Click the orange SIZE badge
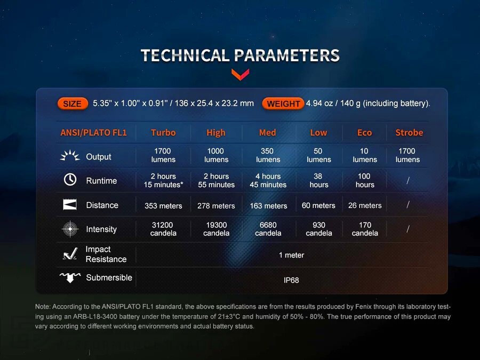pyautogui.click(x=73, y=104)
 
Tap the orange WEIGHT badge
pyautogui.click(x=283, y=104)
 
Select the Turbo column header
pyautogui.click(x=163, y=133)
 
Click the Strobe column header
pyautogui.click(x=409, y=133)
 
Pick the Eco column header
pyautogui.click(x=364, y=133)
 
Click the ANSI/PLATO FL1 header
pyautogui.click(x=93, y=133)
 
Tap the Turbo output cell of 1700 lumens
pyautogui.click(x=163, y=155)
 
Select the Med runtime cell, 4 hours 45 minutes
pyautogui.click(x=268, y=181)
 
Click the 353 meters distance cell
pyautogui.click(x=163, y=206)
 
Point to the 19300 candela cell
pyautogui.click(x=217, y=229)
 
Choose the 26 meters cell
pyautogui.click(x=365, y=205)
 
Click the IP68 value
pyautogui.click(x=291, y=280)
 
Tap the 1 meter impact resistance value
pyautogui.click(x=291, y=255)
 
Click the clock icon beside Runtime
pyautogui.click(x=70, y=179)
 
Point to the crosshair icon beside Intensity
pyautogui.click(x=70, y=229)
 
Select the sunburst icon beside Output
pyautogui.click(x=70, y=156)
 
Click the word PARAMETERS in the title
pyautogui.click(x=287, y=55)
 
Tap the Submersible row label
pyautogui.click(x=109, y=278)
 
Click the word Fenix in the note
pyautogui.click(x=363, y=307)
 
